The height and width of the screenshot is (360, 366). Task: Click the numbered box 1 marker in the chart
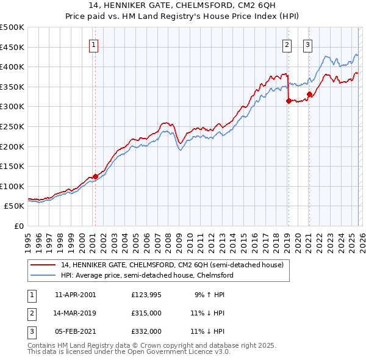click(x=95, y=44)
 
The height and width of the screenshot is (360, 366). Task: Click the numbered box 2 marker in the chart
click(x=287, y=44)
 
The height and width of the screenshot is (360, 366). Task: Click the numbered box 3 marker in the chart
click(x=307, y=44)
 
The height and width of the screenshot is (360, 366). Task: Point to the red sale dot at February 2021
click(x=309, y=94)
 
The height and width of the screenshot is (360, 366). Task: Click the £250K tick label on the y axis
click(x=12, y=126)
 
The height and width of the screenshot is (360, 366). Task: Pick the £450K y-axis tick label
click(x=12, y=47)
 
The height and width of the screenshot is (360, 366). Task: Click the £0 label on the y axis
click(x=19, y=226)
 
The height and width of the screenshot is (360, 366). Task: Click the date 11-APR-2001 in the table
click(x=75, y=295)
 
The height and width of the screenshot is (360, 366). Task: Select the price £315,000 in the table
click(x=146, y=313)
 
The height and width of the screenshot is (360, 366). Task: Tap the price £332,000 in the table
click(x=146, y=331)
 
